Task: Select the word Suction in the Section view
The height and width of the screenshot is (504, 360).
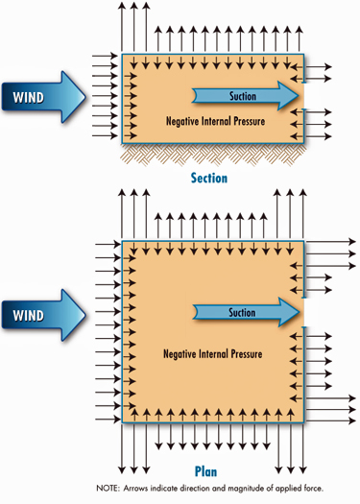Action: (x=242, y=95)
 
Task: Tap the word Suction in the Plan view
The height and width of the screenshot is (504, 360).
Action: (x=242, y=312)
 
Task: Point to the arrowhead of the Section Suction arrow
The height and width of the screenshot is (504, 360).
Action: (x=290, y=95)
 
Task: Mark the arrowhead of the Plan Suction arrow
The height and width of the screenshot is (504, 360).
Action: (x=290, y=312)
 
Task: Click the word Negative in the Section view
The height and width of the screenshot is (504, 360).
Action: (x=163, y=122)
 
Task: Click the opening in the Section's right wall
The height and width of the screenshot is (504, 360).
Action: (x=303, y=95)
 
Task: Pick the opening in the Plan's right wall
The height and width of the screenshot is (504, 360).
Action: (x=303, y=312)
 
